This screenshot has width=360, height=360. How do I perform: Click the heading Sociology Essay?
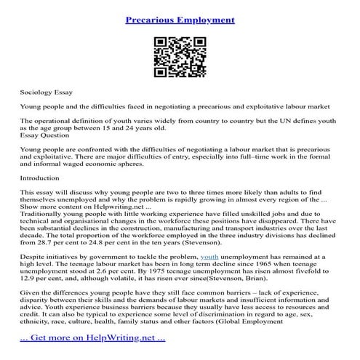(46, 94)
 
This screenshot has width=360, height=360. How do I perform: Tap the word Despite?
(33, 257)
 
